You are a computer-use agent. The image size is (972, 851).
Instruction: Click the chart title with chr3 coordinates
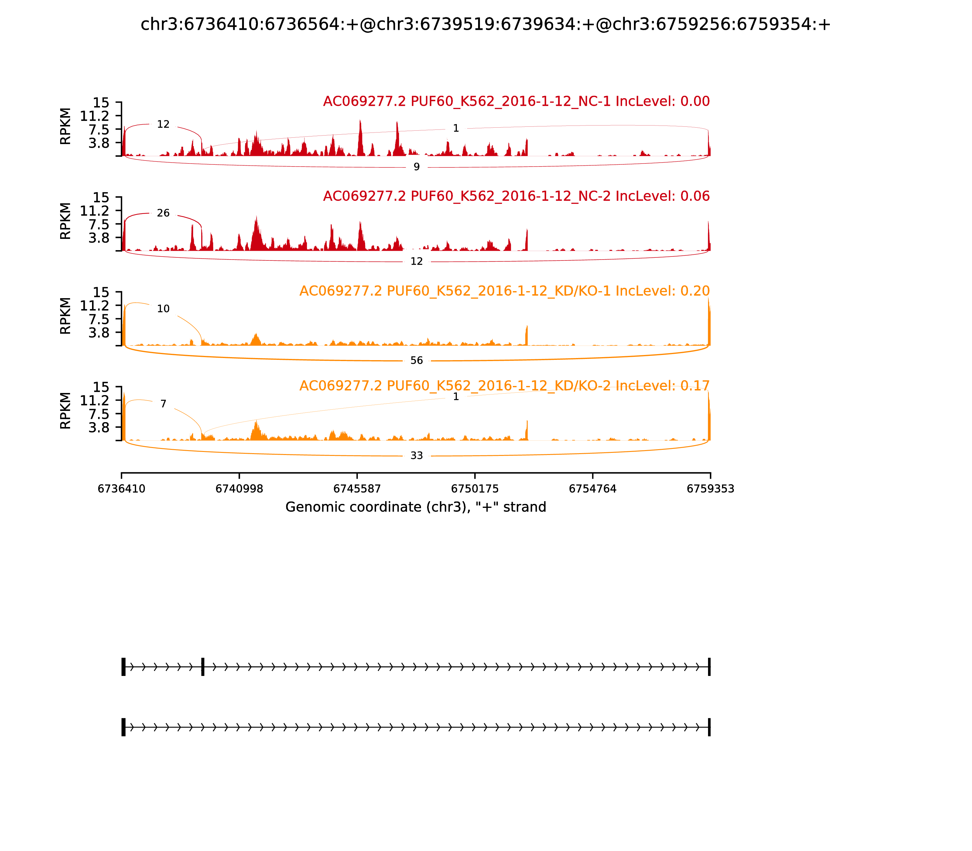click(x=485, y=25)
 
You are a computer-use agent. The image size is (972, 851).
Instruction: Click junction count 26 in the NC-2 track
click(x=163, y=213)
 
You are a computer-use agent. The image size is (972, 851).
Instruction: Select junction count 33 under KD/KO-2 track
click(x=416, y=456)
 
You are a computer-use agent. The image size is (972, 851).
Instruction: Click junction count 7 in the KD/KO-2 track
click(x=163, y=404)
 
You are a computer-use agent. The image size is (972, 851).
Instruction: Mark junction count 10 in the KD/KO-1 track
click(x=163, y=309)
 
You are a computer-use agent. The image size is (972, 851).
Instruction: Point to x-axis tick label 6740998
click(x=239, y=489)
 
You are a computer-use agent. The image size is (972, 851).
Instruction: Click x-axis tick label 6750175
click(x=474, y=489)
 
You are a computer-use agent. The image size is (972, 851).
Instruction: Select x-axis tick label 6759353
click(x=710, y=489)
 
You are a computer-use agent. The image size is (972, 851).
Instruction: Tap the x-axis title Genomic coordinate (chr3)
click(x=416, y=507)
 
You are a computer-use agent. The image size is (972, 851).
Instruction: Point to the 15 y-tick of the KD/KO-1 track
click(x=101, y=292)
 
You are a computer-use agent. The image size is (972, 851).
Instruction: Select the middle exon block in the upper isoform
click(x=203, y=667)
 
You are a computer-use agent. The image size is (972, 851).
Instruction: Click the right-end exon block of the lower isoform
click(x=709, y=727)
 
